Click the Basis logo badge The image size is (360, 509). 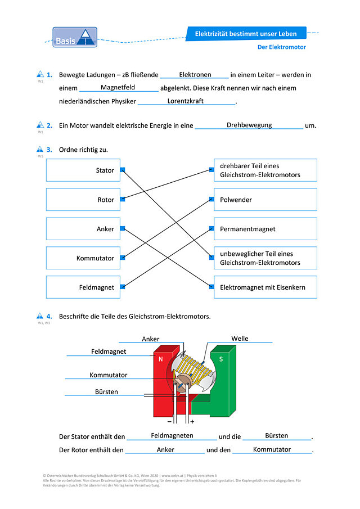coord(75,37)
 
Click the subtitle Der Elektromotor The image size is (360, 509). coord(281,47)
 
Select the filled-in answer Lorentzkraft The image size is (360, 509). coord(186,101)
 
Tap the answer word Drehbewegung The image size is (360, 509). coord(249,125)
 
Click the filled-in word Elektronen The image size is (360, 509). coord(195,75)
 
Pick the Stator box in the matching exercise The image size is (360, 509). coord(83,170)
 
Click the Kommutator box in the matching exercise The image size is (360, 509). coord(83,258)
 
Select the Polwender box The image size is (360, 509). coord(265,200)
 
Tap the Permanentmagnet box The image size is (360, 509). coord(265,229)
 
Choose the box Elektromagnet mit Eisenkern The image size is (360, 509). coord(265,287)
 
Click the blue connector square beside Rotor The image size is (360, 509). coord(123,199)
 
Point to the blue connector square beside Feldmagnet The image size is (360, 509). coord(123,287)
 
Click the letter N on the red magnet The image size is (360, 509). coord(160,359)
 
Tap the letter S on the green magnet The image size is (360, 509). coord(221,359)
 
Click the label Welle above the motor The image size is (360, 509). coord(240,339)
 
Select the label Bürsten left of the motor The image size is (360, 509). coord(106,392)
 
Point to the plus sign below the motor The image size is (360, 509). coord(192,421)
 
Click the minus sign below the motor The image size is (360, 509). coord(169,421)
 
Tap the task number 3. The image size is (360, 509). coord(49,150)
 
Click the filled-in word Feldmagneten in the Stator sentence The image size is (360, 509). coord(172,436)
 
